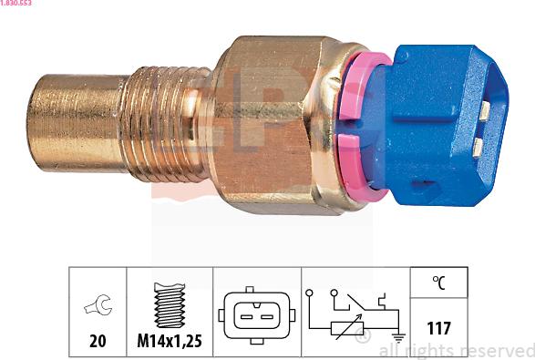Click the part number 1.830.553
coord(17,4)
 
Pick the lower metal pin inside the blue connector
coord(477,148)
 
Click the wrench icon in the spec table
coord(97,306)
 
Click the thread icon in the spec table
coord(169,306)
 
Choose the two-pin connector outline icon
coord(258,314)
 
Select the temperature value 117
coord(439,327)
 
